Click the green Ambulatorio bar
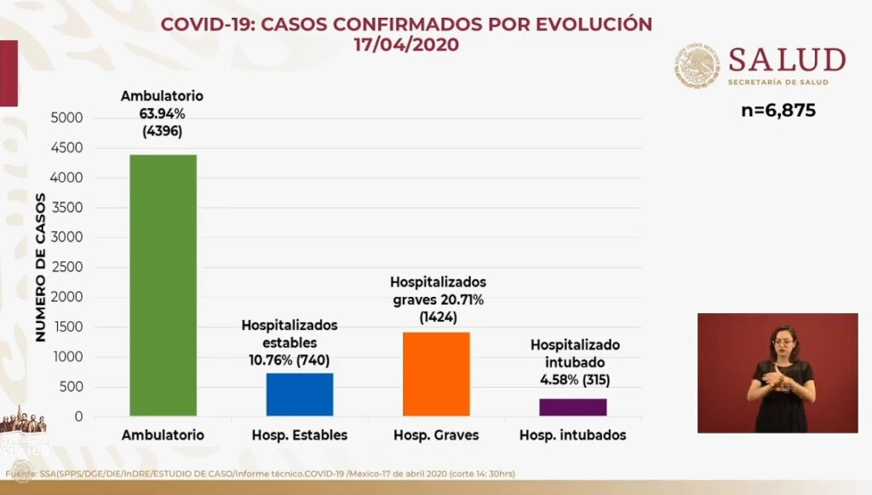[163, 285]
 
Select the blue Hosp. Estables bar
[299, 394]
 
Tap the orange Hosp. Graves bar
[436, 374]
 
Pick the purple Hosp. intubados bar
[572, 407]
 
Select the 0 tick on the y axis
[77, 417]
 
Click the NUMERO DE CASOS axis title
[40, 267]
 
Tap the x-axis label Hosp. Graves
[436, 435]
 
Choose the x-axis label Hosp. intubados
[572, 435]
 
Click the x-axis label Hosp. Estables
[299, 435]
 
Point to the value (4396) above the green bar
[162, 132]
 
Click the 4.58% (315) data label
[575, 379]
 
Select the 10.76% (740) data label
[289, 360]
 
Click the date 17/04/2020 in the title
[407, 44]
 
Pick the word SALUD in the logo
[787, 60]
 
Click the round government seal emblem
[698, 65]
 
